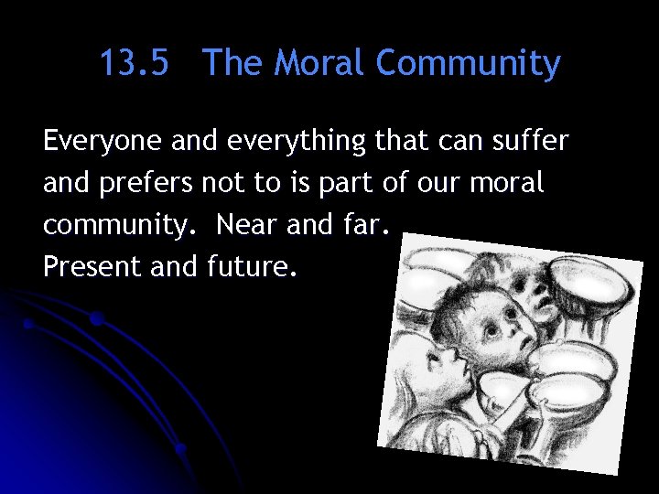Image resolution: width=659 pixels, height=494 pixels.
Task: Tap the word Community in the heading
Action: point(469,64)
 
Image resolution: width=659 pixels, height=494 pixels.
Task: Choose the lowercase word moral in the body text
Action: point(508,183)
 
